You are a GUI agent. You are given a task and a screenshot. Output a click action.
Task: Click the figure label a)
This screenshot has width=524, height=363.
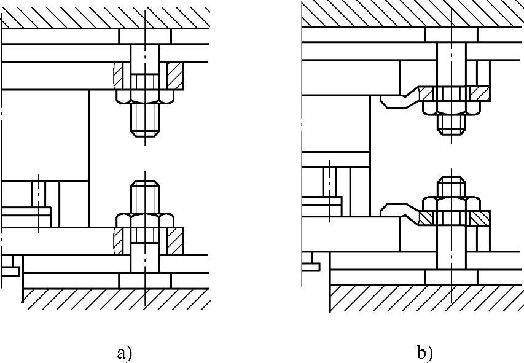click(123, 353)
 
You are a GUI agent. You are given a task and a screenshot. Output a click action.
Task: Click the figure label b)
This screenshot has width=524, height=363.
click(424, 353)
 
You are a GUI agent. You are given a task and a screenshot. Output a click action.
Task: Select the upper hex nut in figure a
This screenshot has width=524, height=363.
click(145, 96)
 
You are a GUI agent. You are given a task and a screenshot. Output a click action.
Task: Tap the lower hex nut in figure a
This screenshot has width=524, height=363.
click(145, 220)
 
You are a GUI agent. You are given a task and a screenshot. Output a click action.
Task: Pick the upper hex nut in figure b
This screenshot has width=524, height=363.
click(452, 108)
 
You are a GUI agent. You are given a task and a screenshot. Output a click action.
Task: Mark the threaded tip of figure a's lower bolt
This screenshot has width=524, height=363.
click(145, 194)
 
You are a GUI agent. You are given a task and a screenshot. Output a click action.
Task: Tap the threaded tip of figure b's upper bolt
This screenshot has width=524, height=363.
click(452, 124)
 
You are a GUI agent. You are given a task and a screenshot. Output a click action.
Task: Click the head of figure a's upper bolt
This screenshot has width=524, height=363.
click(145, 36)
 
